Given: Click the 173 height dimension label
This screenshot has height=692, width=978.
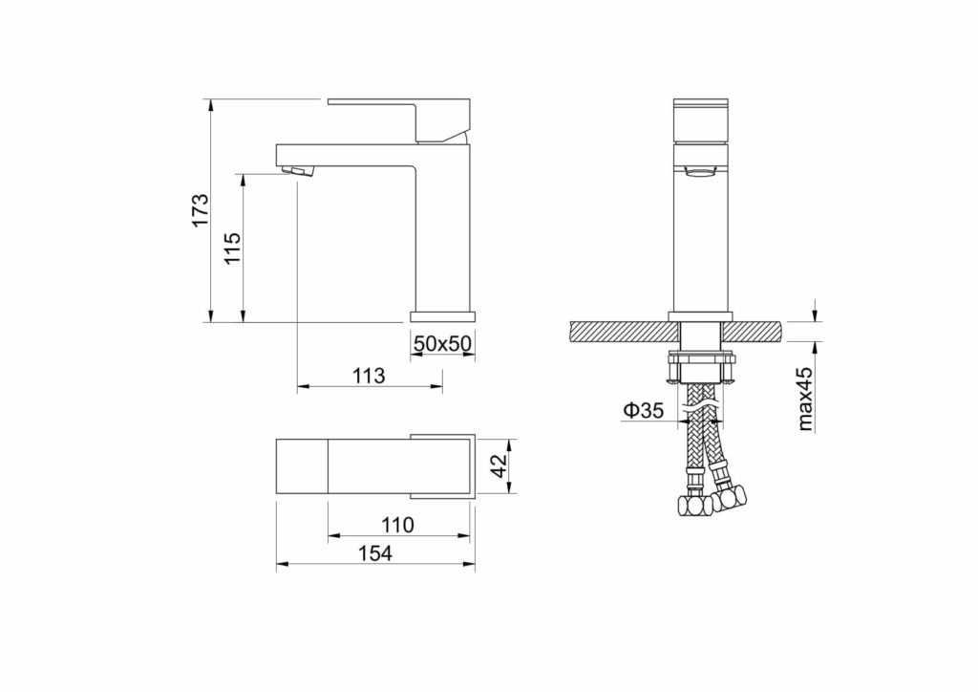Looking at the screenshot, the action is [201, 210].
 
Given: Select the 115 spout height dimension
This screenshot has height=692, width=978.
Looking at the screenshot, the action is [232, 248].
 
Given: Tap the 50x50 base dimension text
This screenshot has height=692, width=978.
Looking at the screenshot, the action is [443, 343].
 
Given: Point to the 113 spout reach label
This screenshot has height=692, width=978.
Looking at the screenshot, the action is [370, 376].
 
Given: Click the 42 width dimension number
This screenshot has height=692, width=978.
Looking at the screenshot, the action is [499, 465].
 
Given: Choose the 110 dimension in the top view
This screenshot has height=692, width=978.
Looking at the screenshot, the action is [398, 525].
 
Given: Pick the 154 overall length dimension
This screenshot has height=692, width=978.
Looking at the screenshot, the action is [375, 552].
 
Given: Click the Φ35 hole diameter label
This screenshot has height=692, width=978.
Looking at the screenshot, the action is [643, 410].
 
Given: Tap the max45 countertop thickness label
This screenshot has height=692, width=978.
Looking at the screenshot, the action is [805, 399].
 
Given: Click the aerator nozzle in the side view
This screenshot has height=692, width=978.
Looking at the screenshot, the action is [298, 170].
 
